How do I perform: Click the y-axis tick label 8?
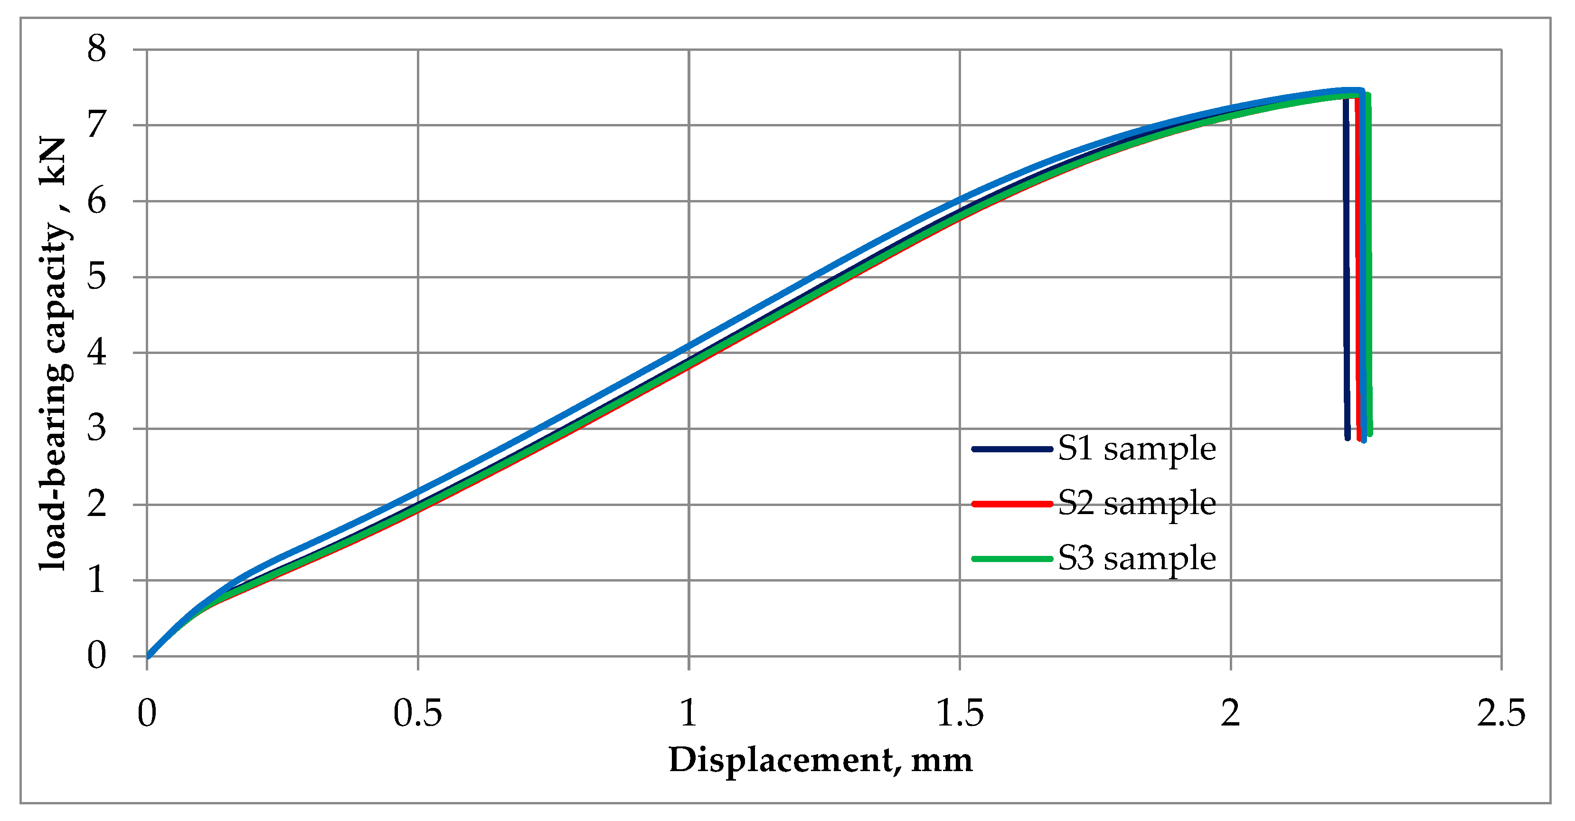[96, 49]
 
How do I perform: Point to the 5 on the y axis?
[96, 277]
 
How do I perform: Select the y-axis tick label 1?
[96, 580]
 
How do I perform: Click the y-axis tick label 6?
[96, 201]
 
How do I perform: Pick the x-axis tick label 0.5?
[417, 713]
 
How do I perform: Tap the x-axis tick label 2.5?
[1501, 713]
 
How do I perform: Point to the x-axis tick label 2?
[1230, 713]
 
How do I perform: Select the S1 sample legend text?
[1137, 449]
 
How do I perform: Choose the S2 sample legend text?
[1137, 504]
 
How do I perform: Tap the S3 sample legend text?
[1137, 559]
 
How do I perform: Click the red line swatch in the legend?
[1012, 504]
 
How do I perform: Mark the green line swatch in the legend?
[1012, 559]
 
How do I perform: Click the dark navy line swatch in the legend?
[1012, 449]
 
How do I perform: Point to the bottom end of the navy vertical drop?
[1348, 438]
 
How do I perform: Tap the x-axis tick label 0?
[147, 713]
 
